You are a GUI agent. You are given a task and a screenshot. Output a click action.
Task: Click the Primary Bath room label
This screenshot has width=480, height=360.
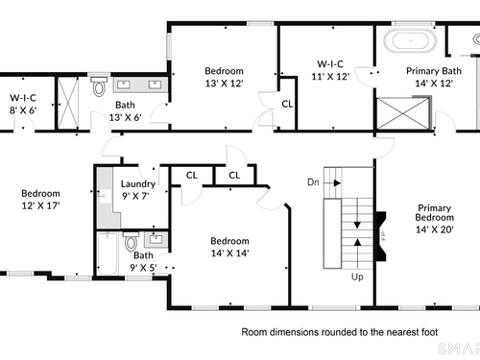tap(434, 71)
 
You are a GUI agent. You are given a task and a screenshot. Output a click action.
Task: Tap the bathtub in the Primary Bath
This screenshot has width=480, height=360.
tap(411, 40)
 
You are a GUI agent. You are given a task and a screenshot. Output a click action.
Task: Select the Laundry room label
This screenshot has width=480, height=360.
tap(138, 183)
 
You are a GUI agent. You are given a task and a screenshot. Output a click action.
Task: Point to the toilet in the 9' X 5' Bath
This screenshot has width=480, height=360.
tap(131, 241)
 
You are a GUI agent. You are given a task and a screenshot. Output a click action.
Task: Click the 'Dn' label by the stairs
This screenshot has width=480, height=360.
tap(313, 182)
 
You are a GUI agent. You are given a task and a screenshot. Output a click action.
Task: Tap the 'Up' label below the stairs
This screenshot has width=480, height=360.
tap(357, 276)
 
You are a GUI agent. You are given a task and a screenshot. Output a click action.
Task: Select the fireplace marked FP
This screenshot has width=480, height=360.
tap(381, 236)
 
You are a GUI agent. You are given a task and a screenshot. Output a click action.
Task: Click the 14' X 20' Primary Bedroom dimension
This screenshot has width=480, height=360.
tap(434, 229)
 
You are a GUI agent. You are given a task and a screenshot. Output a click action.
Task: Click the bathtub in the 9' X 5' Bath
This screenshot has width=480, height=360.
tap(107, 253)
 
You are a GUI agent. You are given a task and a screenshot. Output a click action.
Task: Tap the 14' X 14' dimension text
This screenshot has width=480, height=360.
tap(229, 253)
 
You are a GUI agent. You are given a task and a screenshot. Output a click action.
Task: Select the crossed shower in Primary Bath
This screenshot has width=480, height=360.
tap(403, 113)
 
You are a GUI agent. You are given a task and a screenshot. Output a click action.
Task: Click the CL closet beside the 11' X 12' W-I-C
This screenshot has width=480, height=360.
tap(287, 104)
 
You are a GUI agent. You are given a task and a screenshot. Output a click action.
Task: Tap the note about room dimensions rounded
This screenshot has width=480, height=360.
tap(340, 332)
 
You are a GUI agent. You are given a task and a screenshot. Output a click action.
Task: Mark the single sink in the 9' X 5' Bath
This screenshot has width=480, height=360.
tap(156, 239)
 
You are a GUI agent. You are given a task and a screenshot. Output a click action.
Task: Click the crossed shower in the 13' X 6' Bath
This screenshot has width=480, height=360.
tap(68, 104)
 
